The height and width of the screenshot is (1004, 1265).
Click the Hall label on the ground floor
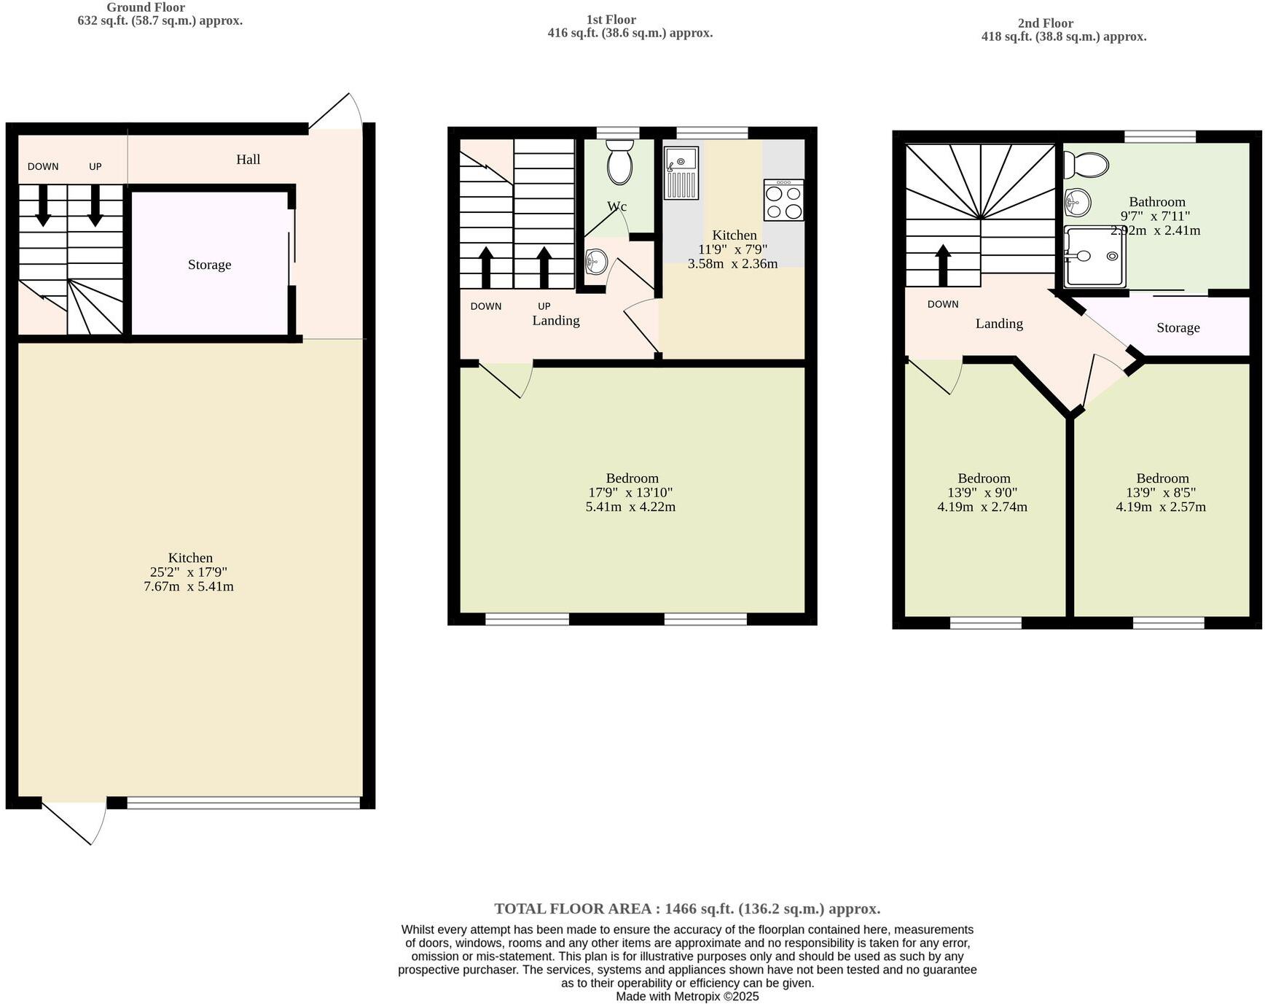pos(248,159)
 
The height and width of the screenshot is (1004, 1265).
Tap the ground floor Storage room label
pos(209,265)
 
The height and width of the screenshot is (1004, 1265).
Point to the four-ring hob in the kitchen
pos(784,200)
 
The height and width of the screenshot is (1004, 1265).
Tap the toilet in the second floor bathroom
pos(1086,166)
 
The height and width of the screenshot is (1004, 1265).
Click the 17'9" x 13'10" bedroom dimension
pos(630,493)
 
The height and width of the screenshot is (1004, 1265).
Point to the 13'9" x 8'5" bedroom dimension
pos(1161,493)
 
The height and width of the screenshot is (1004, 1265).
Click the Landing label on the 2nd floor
pos(999,324)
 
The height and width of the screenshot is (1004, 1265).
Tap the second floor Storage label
pos(1178,328)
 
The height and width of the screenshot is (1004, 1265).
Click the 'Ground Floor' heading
pos(146,7)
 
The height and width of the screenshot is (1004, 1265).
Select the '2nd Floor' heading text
pos(1045,23)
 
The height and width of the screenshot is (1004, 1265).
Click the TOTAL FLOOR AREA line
pos(687,908)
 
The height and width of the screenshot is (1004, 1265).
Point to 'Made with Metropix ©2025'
pos(687,996)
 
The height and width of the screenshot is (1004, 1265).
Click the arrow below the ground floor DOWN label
pos(43,205)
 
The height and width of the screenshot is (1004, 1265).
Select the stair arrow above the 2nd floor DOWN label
pos(943,265)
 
